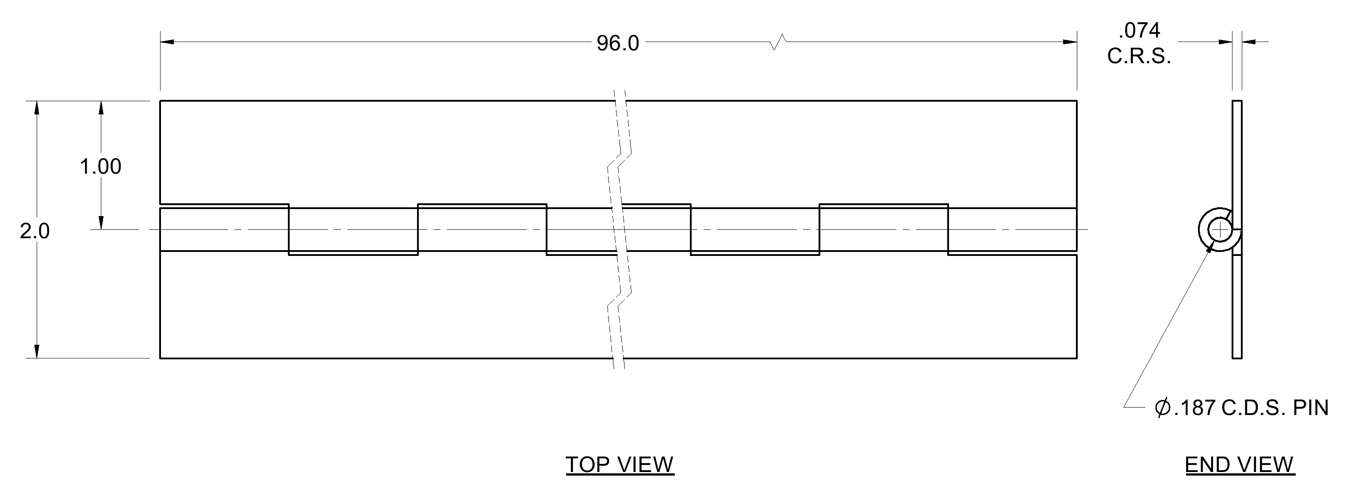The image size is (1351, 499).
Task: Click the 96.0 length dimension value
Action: coord(617,43)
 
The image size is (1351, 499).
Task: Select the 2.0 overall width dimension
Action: coord(34,231)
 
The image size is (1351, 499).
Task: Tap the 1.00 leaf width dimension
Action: coord(100,167)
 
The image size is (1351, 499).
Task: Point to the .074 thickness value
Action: coord(1139,31)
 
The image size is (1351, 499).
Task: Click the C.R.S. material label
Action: coord(1139,56)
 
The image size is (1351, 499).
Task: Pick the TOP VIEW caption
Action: coord(620,465)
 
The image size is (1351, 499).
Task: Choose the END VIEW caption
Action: coord(1239,465)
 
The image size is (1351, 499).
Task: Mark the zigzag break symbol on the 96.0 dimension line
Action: coord(778,42)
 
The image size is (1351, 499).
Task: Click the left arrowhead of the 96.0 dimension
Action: coord(167,42)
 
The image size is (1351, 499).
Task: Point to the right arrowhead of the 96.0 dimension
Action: coord(1070,42)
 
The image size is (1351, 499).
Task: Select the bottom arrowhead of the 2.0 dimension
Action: coord(36,351)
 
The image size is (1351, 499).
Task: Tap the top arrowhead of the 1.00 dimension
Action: coord(101,108)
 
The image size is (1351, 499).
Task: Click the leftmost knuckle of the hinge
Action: coord(225,229)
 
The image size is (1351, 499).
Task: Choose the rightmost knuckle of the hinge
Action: coord(1013,229)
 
